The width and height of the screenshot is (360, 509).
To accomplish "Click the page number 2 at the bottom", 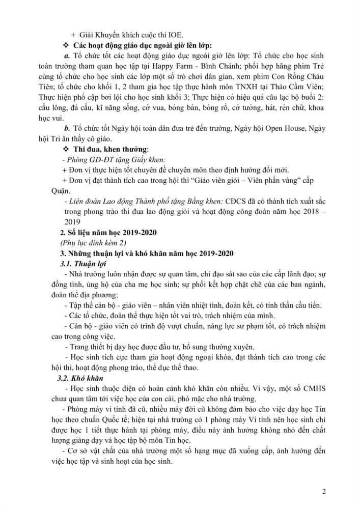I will [324, 492].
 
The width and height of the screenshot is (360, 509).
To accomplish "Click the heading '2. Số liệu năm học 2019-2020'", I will [106, 232].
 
